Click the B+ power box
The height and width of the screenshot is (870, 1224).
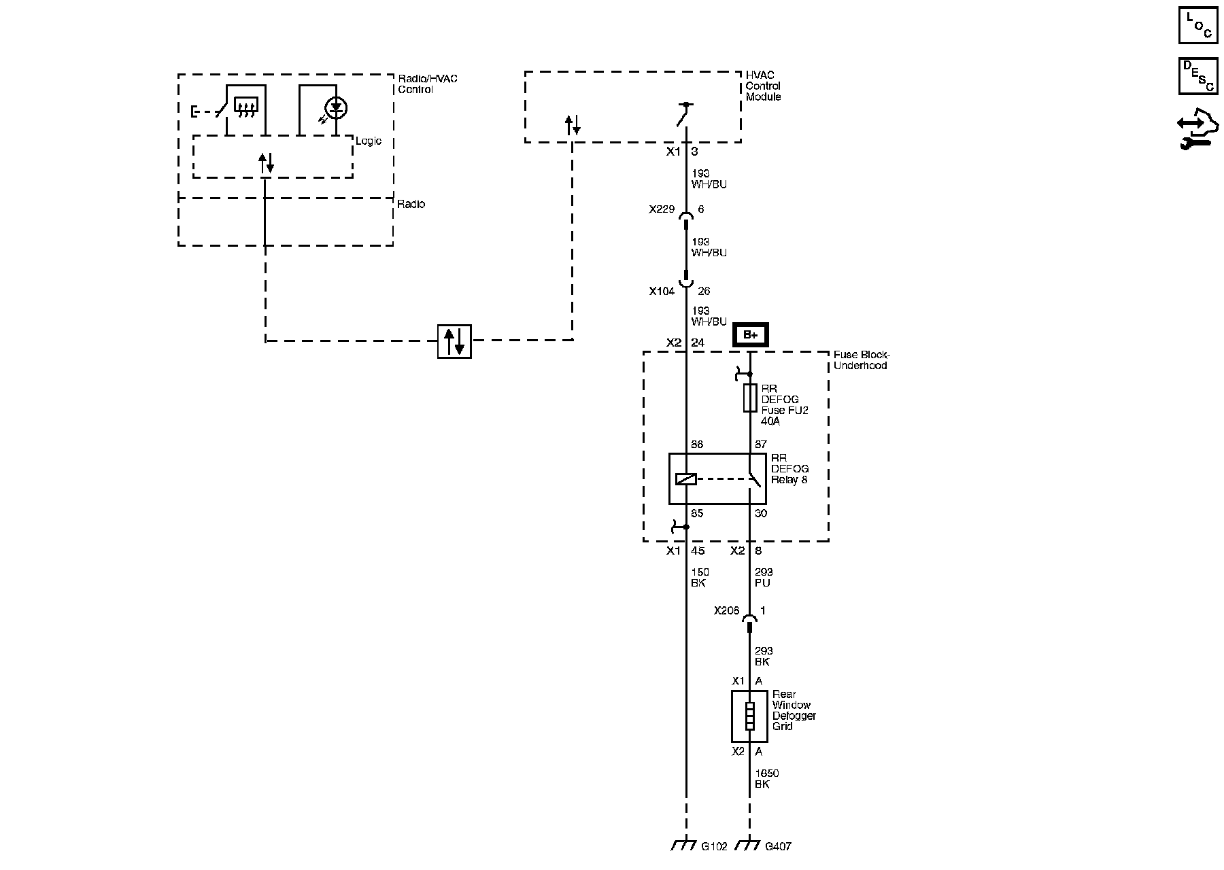tap(750, 335)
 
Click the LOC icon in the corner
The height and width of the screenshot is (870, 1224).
tap(1197, 25)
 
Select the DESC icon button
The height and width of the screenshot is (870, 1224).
tap(1197, 75)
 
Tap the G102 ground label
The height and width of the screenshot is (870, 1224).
tap(714, 847)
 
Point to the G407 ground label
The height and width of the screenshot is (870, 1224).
tap(778, 847)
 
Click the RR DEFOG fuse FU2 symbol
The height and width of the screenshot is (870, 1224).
tap(749, 398)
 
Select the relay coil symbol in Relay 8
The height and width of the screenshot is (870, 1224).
tap(685, 479)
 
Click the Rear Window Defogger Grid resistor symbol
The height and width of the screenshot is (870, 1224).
tap(749, 716)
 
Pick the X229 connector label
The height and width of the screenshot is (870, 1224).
tap(661, 210)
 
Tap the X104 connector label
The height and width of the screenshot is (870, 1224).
tap(661, 292)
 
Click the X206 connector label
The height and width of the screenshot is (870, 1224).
tap(726, 611)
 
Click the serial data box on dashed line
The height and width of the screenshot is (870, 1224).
tap(454, 341)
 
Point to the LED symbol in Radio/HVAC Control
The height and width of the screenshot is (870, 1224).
tap(336, 107)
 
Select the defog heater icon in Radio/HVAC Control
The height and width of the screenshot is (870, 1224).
tap(245, 105)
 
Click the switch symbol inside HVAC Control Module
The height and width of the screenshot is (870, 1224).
tap(683, 114)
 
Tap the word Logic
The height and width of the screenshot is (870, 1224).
tap(369, 141)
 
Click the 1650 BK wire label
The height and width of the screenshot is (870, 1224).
tap(767, 779)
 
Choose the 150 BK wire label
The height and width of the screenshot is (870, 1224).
tap(700, 578)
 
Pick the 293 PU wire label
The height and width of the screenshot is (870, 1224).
tap(764, 578)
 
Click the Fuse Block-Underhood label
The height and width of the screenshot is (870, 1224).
tap(862, 360)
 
